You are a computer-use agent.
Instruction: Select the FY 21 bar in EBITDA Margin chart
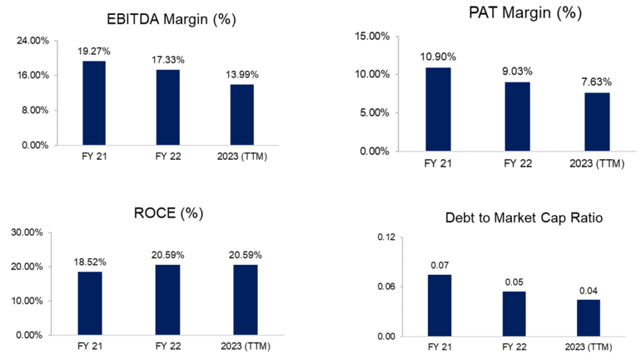coord(94,103)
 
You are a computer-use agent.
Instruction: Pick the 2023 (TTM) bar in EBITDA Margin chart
coord(242,115)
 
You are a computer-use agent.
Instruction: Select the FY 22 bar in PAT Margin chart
coord(517,116)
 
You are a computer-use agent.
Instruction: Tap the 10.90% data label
coord(438,57)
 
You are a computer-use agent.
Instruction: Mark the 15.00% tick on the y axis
coord(372,36)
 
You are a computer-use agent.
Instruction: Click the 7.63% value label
coord(597,82)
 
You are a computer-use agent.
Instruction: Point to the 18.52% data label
coord(90,261)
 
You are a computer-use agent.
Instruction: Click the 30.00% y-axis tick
coord(28,232)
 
